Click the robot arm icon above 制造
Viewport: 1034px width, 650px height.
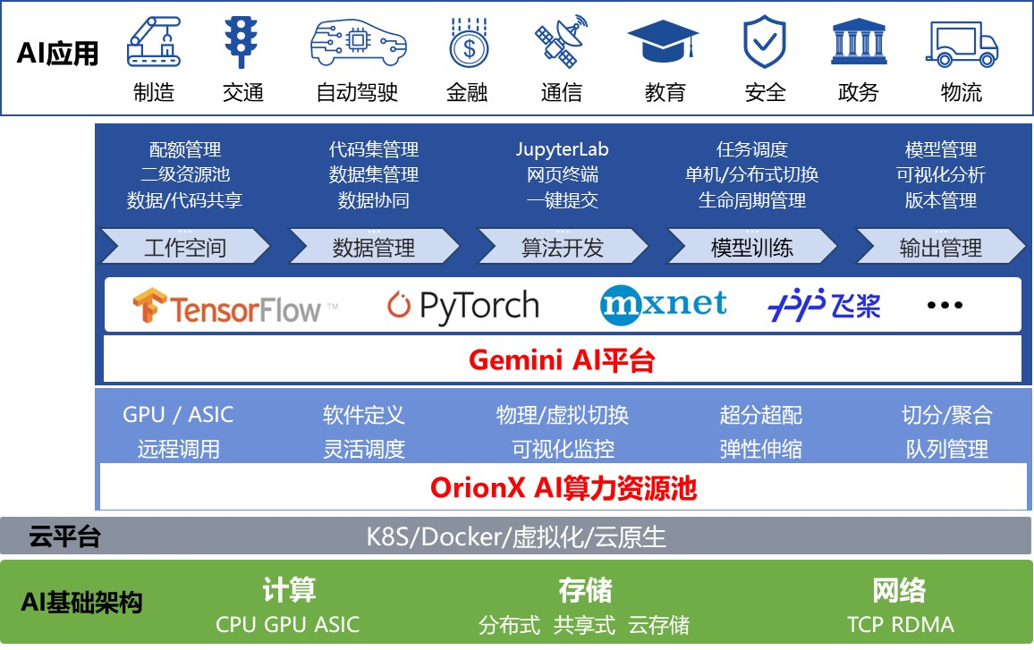pos(153,42)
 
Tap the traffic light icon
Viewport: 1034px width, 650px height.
pos(241,42)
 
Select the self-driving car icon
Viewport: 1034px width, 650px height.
pos(358,43)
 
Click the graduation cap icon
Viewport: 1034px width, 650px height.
pos(662,43)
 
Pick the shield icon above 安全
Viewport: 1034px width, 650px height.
pos(764,42)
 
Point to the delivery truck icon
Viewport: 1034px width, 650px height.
pos(962,43)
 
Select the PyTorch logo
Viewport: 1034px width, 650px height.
pos(463,307)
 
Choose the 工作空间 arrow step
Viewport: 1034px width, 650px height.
pos(185,248)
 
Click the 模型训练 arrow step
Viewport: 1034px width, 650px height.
pos(752,248)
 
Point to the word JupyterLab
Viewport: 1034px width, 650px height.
pos(562,149)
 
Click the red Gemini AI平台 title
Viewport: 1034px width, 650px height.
pos(562,360)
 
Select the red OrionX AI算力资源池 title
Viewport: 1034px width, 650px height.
pos(563,488)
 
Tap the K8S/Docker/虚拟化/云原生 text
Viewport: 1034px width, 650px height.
pos(516,536)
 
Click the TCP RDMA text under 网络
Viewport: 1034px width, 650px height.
pos(900,624)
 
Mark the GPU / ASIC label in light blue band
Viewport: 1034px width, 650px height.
pos(178,415)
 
